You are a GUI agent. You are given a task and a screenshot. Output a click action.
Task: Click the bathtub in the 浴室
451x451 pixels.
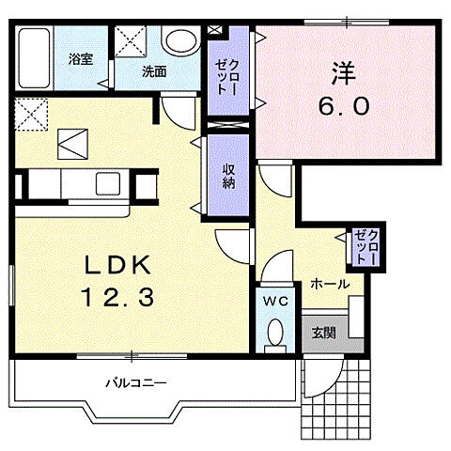pyautogui.click(x=34, y=58)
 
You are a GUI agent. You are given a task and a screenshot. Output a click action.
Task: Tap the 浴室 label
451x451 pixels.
pyautogui.click(x=81, y=59)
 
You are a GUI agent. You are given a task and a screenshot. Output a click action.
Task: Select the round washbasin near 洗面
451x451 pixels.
pyautogui.click(x=181, y=41)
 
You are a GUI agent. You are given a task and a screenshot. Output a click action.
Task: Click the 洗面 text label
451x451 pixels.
pyautogui.click(x=154, y=71)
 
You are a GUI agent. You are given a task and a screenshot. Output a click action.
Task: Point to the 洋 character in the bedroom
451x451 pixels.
pyautogui.click(x=344, y=74)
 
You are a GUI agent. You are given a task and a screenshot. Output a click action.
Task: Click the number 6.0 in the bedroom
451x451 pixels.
pyautogui.click(x=344, y=105)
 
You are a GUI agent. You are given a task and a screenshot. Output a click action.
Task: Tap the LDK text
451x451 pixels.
pyautogui.click(x=118, y=265)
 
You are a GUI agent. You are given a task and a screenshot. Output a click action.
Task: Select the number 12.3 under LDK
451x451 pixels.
pyautogui.click(x=118, y=298)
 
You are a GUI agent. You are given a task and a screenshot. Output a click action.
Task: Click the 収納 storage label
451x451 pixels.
pyautogui.click(x=228, y=176)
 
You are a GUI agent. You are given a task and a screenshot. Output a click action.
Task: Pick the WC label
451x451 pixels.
pyautogui.click(x=275, y=301)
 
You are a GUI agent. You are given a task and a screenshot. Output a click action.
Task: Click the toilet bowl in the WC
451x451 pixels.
pyautogui.click(x=275, y=332)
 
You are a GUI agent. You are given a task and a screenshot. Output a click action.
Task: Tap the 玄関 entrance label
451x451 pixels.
pyautogui.click(x=324, y=333)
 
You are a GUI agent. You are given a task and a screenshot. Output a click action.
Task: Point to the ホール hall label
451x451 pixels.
pyautogui.click(x=330, y=284)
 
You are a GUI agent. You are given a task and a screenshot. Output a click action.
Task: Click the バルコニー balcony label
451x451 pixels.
pyautogui.click(x=135, y=382)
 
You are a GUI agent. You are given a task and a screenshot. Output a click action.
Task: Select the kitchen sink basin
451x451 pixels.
pyautogui.click(x=108, y=183)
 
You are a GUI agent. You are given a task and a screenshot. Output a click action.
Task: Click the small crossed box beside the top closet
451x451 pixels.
pyautogui.click(x=214, y=30)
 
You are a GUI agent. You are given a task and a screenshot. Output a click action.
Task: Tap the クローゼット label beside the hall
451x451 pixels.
pyautogui.click(x=365, y=247)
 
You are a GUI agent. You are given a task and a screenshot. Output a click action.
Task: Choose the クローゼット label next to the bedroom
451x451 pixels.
pyautogui.click(x=227, y=76)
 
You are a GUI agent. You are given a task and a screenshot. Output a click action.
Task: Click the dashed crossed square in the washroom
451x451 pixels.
pyautogui.click(x=131, y=41)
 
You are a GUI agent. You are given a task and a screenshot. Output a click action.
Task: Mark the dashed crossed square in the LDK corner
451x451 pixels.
pyautogui.click(x=31, y=115)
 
